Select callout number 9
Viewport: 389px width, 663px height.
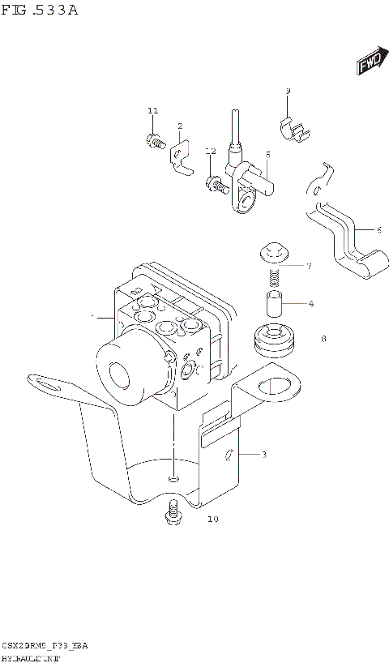coord(288,91)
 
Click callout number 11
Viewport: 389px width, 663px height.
coord(152,111)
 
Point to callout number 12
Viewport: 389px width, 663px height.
coord(210,152)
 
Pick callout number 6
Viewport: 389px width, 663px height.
coord(378,230)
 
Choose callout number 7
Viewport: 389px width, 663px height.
coord(309,266)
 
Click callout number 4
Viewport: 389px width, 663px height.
coord(310,304)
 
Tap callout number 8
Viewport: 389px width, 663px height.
coord(323,339)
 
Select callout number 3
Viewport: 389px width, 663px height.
coord(263,455)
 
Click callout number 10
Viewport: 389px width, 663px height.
coord(213,519)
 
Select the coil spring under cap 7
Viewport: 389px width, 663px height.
coord(276,278)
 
